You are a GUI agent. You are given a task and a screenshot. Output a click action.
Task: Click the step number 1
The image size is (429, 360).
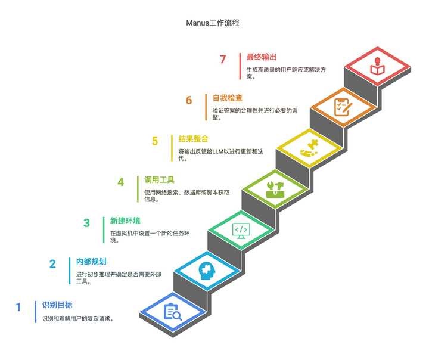(x=18, y=308)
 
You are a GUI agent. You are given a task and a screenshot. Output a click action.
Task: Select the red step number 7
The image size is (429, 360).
(x=223, y=60)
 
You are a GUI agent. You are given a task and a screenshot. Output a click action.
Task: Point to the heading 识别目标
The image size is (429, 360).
(x=57, y=305)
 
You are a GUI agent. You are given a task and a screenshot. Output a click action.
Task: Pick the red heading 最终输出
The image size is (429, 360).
(x=262, y=57)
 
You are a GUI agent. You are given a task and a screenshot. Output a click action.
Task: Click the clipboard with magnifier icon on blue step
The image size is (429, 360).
(x=172, y=312)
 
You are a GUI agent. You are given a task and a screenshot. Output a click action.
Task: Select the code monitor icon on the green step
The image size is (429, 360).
(x=241, y=230)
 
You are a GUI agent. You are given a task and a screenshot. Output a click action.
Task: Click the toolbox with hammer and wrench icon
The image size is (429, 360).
(x=275, y=189)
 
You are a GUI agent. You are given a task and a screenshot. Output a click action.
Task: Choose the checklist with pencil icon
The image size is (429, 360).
(x=343, y=107)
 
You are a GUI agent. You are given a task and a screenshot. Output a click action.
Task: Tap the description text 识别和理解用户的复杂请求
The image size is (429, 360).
(x=77, y=318)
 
